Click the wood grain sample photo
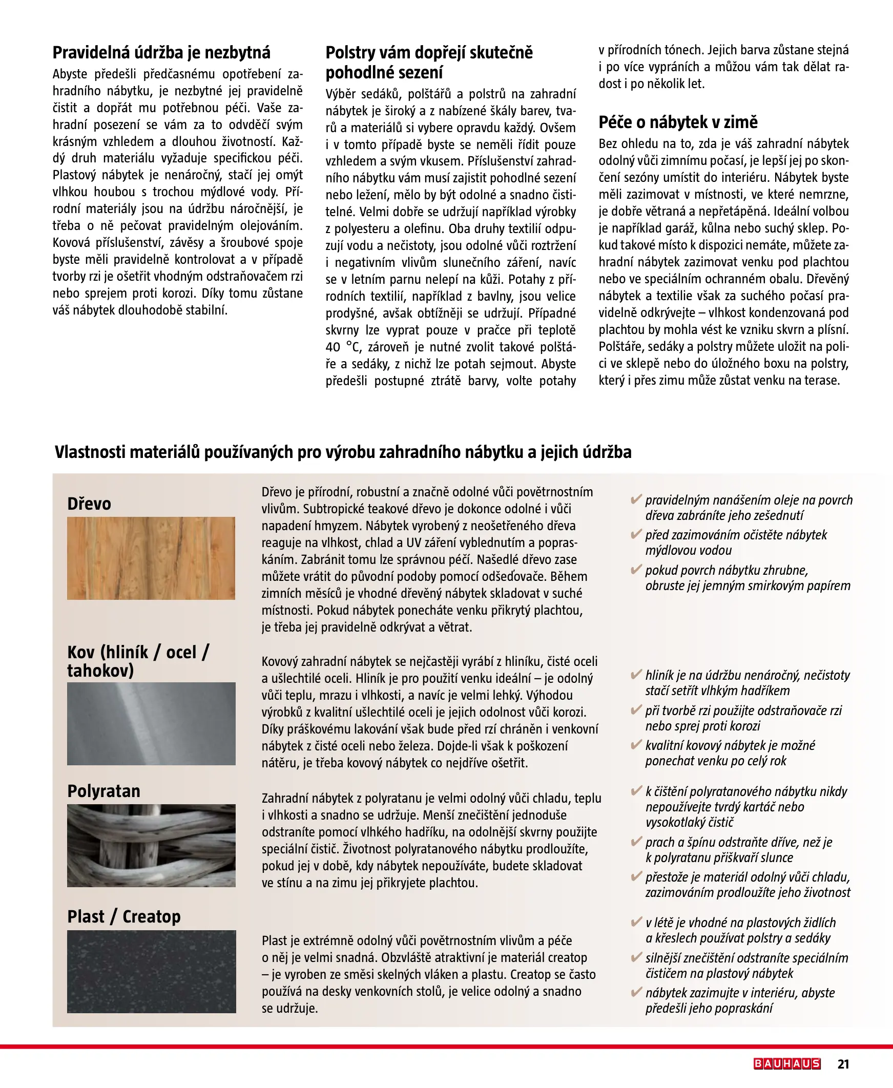[151, 558]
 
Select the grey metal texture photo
[151, 723]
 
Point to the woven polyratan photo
[151, 845]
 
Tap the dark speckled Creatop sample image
[151, 971]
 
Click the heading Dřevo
[89, 504]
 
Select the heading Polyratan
[103, 791]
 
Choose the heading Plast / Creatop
[124, 916]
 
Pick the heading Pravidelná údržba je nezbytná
[161, 52]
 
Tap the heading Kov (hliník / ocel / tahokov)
[138, 661]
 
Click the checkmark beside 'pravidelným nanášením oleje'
[636, 499]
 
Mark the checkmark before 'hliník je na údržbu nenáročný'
[636, 675]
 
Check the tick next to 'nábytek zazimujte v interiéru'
[636, 992]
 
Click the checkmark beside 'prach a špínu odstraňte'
[636, 842]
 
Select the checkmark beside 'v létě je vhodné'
[636, 922]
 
